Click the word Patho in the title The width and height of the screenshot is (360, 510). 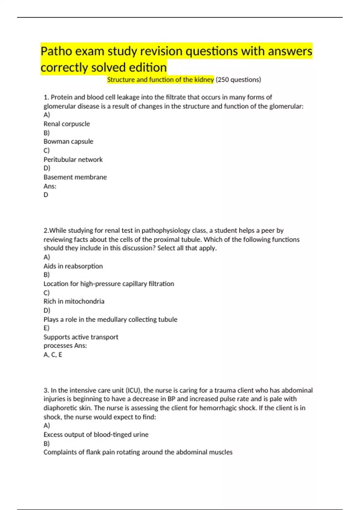(x=56, y=51)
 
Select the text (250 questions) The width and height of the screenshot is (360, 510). (x=238, y=79)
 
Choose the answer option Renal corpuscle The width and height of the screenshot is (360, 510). (x=67, y=124)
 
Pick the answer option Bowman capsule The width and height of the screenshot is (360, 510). (x=68, y=141)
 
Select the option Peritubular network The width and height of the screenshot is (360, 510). (x=73, y=159)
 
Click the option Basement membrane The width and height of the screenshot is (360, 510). (x=75, y=177)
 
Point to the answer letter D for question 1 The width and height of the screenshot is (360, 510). (x=46, y=195)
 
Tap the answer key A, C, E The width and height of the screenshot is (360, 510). (x=53, y=355)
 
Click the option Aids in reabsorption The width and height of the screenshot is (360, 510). (x=73, y=266)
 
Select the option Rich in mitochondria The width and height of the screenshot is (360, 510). (x=74, y=301)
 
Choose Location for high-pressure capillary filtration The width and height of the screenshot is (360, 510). (x=109, y=283)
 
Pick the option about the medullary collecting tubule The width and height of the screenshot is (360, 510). (x=110, y=319)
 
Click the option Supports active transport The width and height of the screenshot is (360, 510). (x=81, y=337)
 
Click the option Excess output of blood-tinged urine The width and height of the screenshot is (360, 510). (x=96, y=434)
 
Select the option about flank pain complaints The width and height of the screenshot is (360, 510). (x=138, y=452)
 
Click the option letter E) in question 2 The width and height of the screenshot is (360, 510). (x=46, y=328)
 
